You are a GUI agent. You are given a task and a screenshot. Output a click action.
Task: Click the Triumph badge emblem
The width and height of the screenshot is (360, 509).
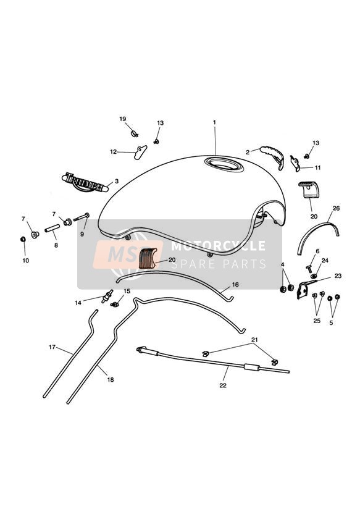pyautogui.click(x=85, y=182)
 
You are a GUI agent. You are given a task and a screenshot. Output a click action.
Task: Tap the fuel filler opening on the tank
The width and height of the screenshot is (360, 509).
pyautogui.click(x=224, y=164)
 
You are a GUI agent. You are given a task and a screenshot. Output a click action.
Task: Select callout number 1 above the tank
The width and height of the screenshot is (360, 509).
pyautogui.click(x=214, y=122)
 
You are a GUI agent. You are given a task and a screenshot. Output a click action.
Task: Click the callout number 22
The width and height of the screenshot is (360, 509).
pyautogui.click(x=223, y=385)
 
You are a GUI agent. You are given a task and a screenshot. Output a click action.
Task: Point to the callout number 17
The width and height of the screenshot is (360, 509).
pyautogui.click(x=52, y=347)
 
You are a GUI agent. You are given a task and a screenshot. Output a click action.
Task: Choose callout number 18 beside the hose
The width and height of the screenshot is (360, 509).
pyautogui.click(x=111, y=379)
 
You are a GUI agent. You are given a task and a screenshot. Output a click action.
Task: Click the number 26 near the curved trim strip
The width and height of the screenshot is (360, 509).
pyautogui.click(x=336, y=208)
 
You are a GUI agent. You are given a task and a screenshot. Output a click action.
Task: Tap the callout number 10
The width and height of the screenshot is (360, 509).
pyautogui.click(x=26, y=260)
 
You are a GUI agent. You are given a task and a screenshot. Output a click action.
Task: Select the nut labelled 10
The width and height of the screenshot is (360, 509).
pyautogui.click(x=23, y=239)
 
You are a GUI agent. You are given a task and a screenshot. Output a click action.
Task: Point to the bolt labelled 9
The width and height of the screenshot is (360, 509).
pyautogui.click(x=82, y=217)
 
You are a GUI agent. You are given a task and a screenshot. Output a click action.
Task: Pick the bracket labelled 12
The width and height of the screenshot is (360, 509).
pyautogui.click(x=140, y=152)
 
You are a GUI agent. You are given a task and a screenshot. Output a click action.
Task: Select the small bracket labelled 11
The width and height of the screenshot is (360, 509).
pyautogui.click(x=295, y=163)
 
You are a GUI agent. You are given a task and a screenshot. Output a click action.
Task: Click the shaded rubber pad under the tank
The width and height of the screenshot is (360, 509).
pyautogui.click(x=148, y=258)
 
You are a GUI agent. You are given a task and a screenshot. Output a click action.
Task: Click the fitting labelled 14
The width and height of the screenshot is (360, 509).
pyautogui.click(x=107, y=296)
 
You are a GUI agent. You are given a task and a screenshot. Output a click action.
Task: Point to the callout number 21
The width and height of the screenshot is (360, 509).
pyautogui.click(x=254, y=340)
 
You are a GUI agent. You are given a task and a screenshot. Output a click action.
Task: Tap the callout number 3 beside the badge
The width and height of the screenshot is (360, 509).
pyautogui.click(x=117, y=181)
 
